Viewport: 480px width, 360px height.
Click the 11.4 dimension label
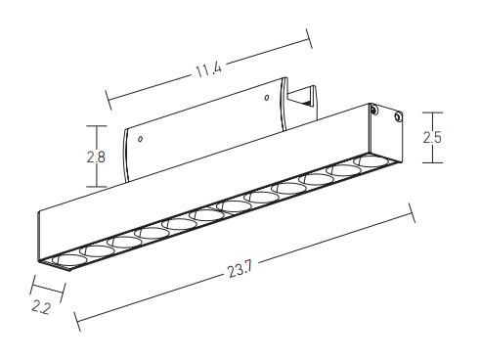[208, 69]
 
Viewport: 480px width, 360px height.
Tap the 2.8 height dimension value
[96, 157]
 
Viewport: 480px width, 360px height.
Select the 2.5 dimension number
[432, 137]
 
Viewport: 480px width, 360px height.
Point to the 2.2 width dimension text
[41, 307]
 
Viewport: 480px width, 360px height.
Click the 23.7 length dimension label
[240, 269]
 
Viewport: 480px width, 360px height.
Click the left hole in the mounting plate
[140, 139]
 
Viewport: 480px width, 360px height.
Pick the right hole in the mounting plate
[267, 98]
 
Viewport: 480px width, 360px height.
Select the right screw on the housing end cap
[398, 116]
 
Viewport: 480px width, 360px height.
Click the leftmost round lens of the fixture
[69, 260]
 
